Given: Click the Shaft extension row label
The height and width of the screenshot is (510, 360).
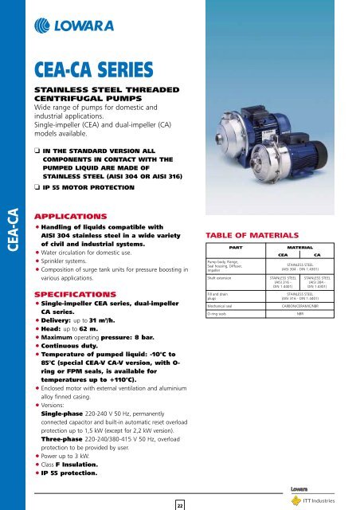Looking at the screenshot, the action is point(222,300).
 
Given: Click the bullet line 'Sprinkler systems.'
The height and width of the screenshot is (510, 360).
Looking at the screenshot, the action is point(88,271).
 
